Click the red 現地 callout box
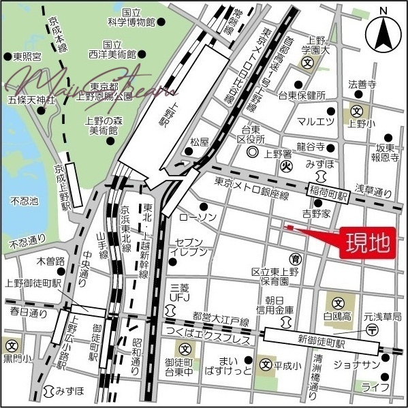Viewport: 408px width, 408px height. (366, 242)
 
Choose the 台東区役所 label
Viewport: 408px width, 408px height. (255, 134)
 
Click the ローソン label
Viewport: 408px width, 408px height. (198, 217)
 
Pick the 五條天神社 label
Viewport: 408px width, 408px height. (31, 100)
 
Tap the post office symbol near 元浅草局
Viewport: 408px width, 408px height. (372, 330)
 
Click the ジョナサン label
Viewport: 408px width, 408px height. (352, 364)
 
